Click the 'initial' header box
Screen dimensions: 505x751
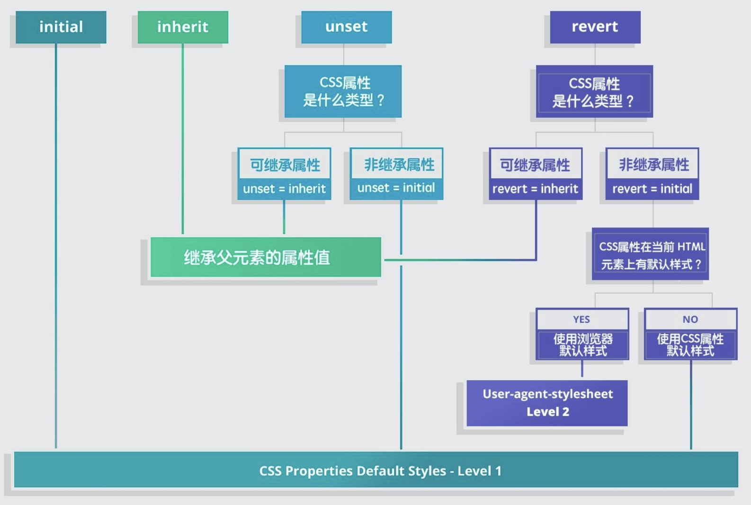61,27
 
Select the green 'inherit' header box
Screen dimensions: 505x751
183,27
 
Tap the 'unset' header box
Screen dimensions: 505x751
347,27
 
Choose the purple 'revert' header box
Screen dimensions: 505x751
595,27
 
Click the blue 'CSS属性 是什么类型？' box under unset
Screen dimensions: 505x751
343,91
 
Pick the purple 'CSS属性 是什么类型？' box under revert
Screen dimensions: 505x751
594,92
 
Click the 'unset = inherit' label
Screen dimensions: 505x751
284,189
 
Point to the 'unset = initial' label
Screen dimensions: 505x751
396,188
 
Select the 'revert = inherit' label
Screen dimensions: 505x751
536,189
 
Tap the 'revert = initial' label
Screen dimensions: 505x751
652,189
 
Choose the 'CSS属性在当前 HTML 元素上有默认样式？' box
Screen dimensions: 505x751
651,255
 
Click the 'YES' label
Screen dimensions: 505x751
582,320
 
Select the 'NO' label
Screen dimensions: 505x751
690,320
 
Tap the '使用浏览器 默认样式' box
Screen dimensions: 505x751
583,345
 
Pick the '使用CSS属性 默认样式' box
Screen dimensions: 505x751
690,345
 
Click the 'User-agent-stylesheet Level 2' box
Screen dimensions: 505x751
547,403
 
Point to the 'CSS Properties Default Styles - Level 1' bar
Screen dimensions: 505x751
376,470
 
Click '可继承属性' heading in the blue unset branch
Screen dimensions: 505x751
285,165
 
